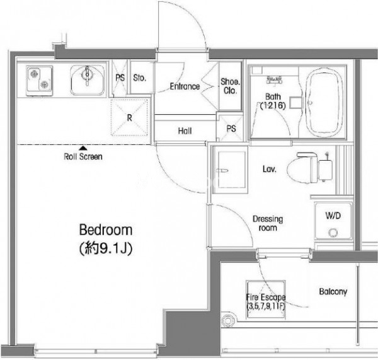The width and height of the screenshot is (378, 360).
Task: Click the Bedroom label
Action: [106, 230]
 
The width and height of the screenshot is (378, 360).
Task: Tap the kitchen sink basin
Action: [88, 80]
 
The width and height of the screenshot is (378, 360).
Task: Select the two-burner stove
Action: [39, 81]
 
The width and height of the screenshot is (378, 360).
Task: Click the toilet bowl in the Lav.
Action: [301, 168]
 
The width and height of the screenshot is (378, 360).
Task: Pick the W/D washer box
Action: [333, 221]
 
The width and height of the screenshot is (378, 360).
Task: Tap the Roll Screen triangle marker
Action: [83, 148]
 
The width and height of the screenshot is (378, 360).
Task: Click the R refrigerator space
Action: [129, 117]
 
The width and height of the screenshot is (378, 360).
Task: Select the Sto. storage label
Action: [140, 78]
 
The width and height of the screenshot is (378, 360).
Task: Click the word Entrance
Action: [185, 86]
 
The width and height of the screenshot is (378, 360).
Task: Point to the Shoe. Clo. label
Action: [230, 86]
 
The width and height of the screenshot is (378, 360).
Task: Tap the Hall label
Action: [185, 131]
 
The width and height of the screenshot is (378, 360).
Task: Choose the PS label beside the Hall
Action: [231, 129]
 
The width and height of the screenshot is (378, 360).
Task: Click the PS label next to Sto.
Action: [120, 78]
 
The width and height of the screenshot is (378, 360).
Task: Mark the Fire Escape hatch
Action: [266, 299]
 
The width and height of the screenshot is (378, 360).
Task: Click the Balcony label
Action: [333, 291]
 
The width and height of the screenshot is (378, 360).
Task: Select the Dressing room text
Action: [268, 223]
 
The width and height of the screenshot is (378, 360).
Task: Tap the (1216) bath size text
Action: [273, 105]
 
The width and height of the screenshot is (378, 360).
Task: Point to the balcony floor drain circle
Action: [227, 321]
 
